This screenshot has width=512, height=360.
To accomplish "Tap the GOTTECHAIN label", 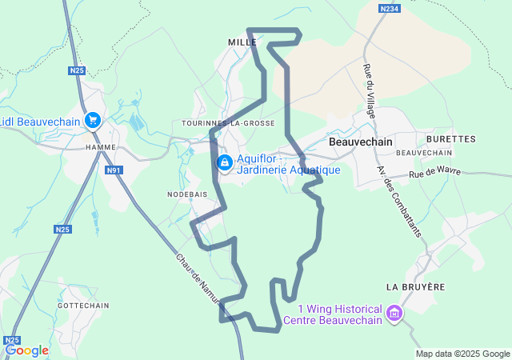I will click(x=83, y=306).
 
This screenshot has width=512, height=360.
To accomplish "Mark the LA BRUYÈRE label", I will click(x=414, y=286).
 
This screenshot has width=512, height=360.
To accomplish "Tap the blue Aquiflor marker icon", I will click(x=225, y=163).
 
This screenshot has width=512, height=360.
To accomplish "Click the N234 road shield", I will click(x=390, y=8).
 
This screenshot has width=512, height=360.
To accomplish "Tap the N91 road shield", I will click(x=114, y=170).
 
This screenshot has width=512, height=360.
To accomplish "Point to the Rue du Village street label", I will click(x=370, y=90).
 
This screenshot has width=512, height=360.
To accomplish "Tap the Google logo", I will click(x=27, y=350).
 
